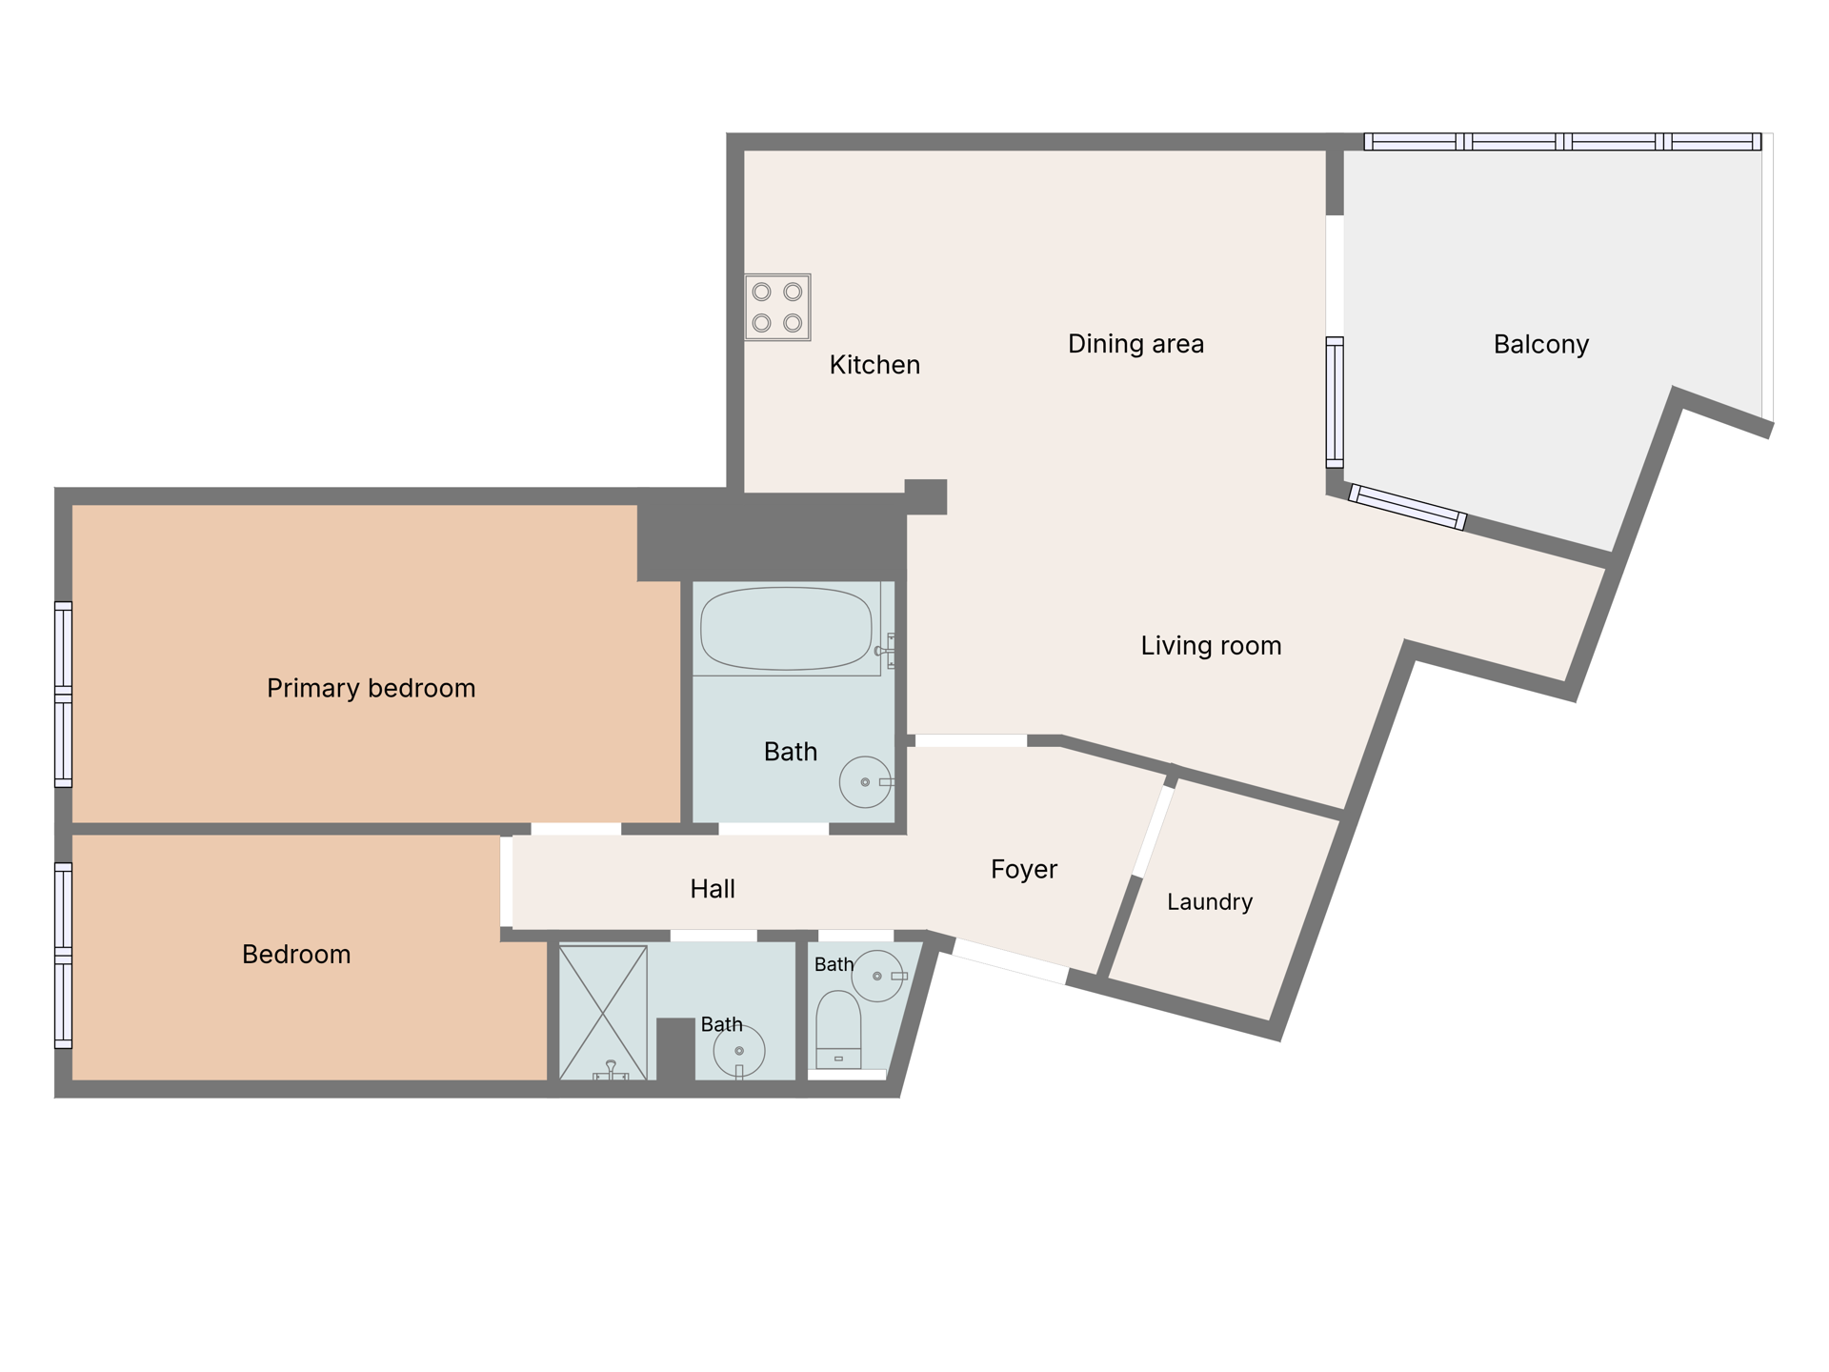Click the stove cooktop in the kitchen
[777, 307]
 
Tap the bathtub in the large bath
[786, 629]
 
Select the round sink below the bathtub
[865, 782]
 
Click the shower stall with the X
[603, 1013]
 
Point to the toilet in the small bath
[839, 1030]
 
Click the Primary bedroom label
[372, 688]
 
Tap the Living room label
[1211, 646]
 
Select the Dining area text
[1136, 344]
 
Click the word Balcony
[1541, 344]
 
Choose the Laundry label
[1210, 901]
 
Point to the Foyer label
[1024, 869]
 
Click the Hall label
[713, 889]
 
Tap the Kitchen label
[874, 365]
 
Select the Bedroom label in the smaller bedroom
[296, 954]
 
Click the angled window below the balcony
[1407, 507]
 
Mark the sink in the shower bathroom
[739, 1051]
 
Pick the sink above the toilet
[877, 976]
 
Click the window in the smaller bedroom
[63, 956]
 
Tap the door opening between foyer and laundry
[1153, 831]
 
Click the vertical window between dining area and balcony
[1335, 402]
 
